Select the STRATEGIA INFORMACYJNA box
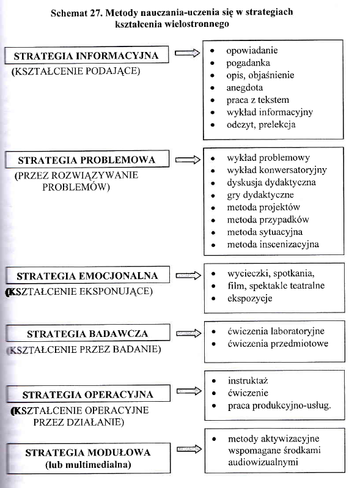pos(87,56)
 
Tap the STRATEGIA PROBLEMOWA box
pos(86,160)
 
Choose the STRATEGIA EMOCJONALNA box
pos(87,276)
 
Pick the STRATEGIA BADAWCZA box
pos(87,334)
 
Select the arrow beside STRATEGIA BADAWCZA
pos(188,333)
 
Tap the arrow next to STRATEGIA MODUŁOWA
pos(188,449)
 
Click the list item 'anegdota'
pos(245,87)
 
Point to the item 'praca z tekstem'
pos(257,99)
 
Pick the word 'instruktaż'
pos(248,380)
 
